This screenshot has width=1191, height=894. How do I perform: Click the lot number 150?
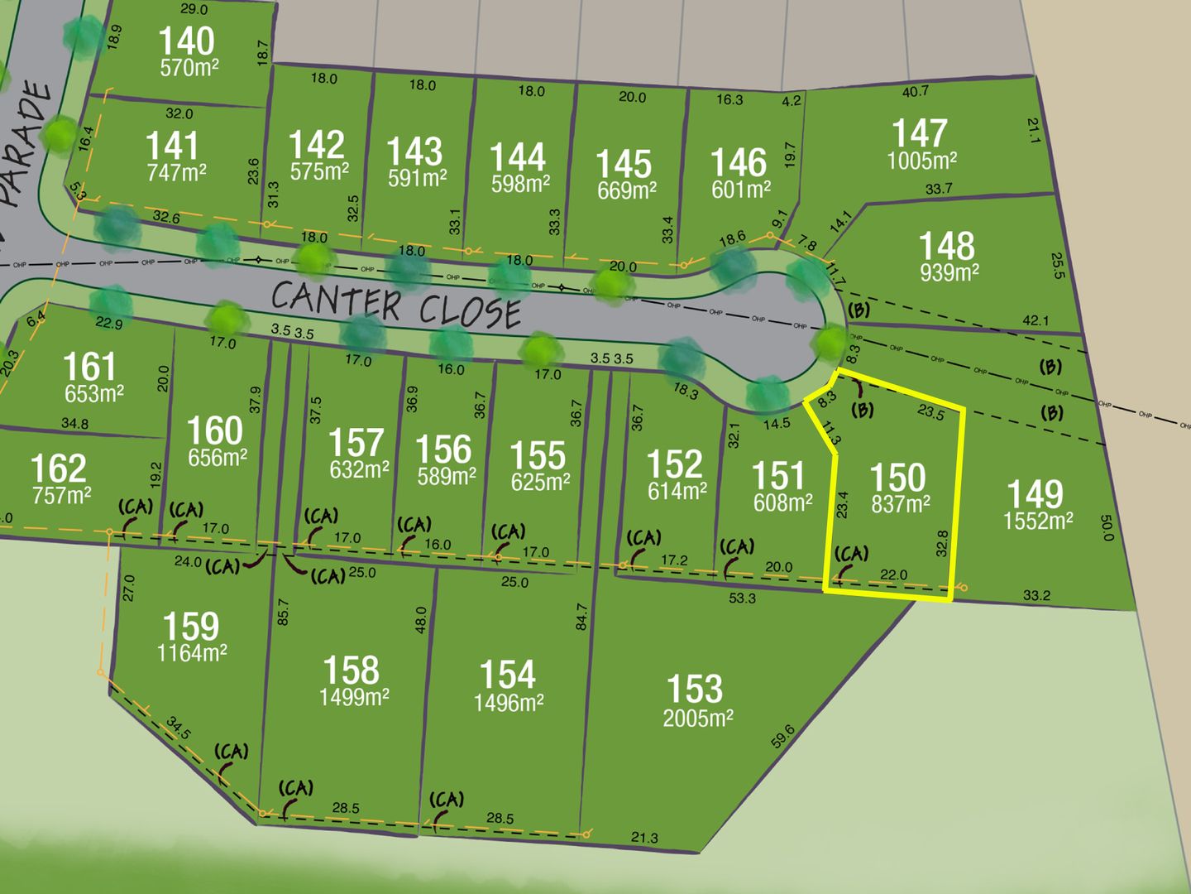(x=897, y=478)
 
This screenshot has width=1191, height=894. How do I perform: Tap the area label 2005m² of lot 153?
(x=697, y=718)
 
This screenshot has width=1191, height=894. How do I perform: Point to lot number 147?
(x=919, y=133)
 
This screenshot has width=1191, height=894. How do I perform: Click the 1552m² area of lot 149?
(x=1038, y=521)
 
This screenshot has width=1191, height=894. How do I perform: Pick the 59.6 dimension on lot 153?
(x=782, y=736)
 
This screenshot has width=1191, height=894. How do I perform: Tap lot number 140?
(x=186, y=41)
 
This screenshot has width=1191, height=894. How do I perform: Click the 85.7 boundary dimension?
(x=283, y=612)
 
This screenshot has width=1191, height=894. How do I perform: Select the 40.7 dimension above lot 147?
(x=915, y=91)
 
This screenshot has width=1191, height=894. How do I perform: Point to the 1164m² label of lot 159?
(x=192, y=653)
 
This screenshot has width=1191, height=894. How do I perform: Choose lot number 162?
(x=58, y=469)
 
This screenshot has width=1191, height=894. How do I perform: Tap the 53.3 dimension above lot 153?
(x=742, y=598)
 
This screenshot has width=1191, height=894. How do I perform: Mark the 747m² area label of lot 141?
(x=175, y=171)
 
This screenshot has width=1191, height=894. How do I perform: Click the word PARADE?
(x=23, y=141)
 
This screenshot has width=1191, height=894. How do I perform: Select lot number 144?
(x=518, y=156)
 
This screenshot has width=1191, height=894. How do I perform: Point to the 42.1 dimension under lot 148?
(x=1036, y=320)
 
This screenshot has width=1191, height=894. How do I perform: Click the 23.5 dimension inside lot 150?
(x=930, y=411)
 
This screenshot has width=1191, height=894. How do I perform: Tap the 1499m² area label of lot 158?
(x=354, y=698)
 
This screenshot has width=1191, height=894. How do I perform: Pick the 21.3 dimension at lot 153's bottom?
(x=644, y=838)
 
